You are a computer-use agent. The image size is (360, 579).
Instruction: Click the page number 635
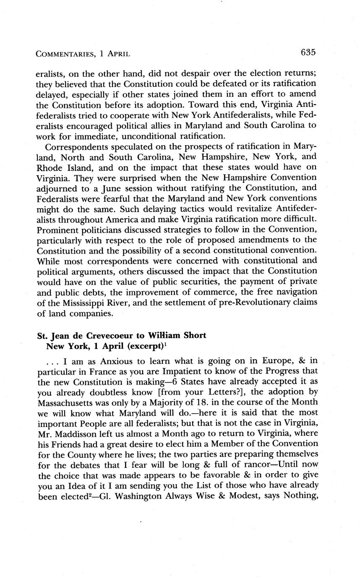(x=308, y=52)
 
